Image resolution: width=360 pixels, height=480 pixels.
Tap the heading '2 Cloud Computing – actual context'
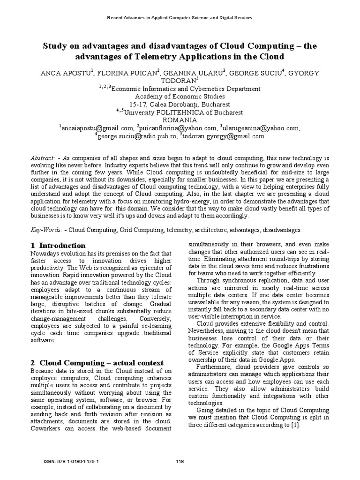97,363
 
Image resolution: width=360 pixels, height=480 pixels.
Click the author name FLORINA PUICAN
131,73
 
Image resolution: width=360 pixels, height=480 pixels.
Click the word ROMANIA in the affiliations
180,120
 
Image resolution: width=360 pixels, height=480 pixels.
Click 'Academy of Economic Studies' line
180,97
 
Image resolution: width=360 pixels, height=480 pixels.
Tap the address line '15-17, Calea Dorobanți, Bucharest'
180,105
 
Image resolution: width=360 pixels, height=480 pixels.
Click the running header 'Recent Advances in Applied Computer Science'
180,18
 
